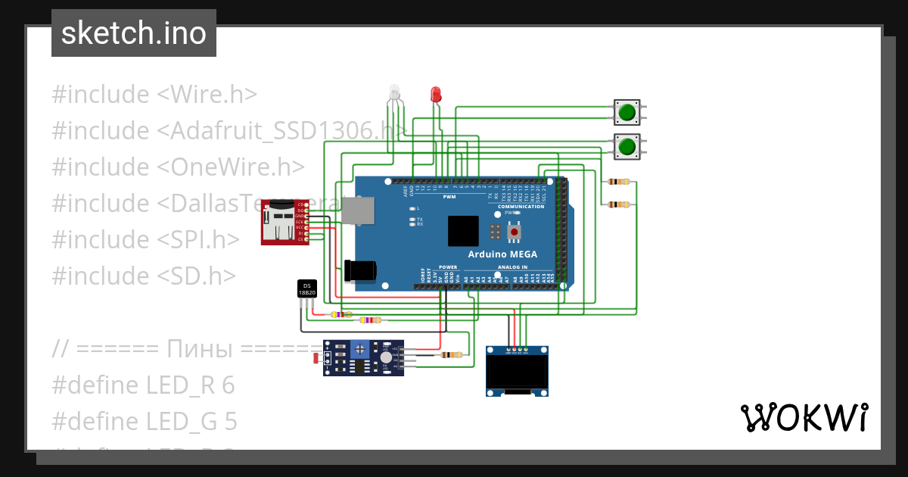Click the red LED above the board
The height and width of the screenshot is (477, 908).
click(x=435, y=95)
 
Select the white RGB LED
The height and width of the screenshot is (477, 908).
click(x=394, y=93)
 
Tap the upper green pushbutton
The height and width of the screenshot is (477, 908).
click(x=627, y=113)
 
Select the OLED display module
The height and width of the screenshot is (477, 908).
click(x=517, y=370)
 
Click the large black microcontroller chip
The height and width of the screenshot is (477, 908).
click(x=462, y=231)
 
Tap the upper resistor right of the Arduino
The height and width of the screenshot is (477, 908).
click(x=620, y=182)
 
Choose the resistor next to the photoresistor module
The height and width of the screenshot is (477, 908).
click(x=452, y=354)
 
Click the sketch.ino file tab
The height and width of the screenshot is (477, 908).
click(x=134, y=33)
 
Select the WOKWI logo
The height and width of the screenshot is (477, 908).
click(x=803, y=417)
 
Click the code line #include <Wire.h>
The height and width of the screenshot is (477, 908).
click(x=154, y=95)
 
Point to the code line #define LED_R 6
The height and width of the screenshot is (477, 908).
click(x=143, y=385)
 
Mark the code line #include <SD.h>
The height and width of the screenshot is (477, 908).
click(x=144, y=276)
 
